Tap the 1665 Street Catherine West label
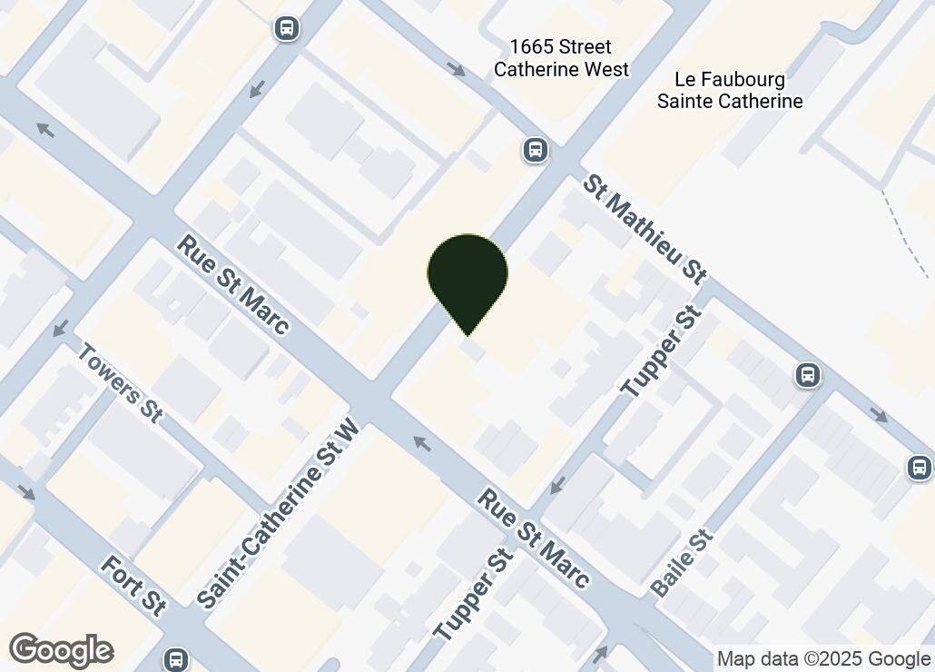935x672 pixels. click(x=561, y=57)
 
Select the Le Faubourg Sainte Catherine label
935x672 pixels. click(x=730, y=90)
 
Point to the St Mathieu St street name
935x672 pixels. click(x=645, y=229)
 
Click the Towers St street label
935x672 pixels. click(x=120, y=382)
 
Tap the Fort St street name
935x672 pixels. click(x=133, y=586)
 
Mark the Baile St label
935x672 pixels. click(x=684, y=562)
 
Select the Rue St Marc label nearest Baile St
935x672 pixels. click(x=535, y=539)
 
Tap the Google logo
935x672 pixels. click(x=62, y=650)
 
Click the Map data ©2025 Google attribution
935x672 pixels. click(x=824, y=659)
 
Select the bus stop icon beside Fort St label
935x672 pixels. click(x=175, y=658)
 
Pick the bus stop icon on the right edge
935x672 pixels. click(x=919, y=468)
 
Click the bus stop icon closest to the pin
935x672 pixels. click(x=536, y=150)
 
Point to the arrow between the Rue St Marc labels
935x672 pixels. click(x=420, y=443)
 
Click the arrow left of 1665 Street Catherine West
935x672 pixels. click(x=456, y=68)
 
